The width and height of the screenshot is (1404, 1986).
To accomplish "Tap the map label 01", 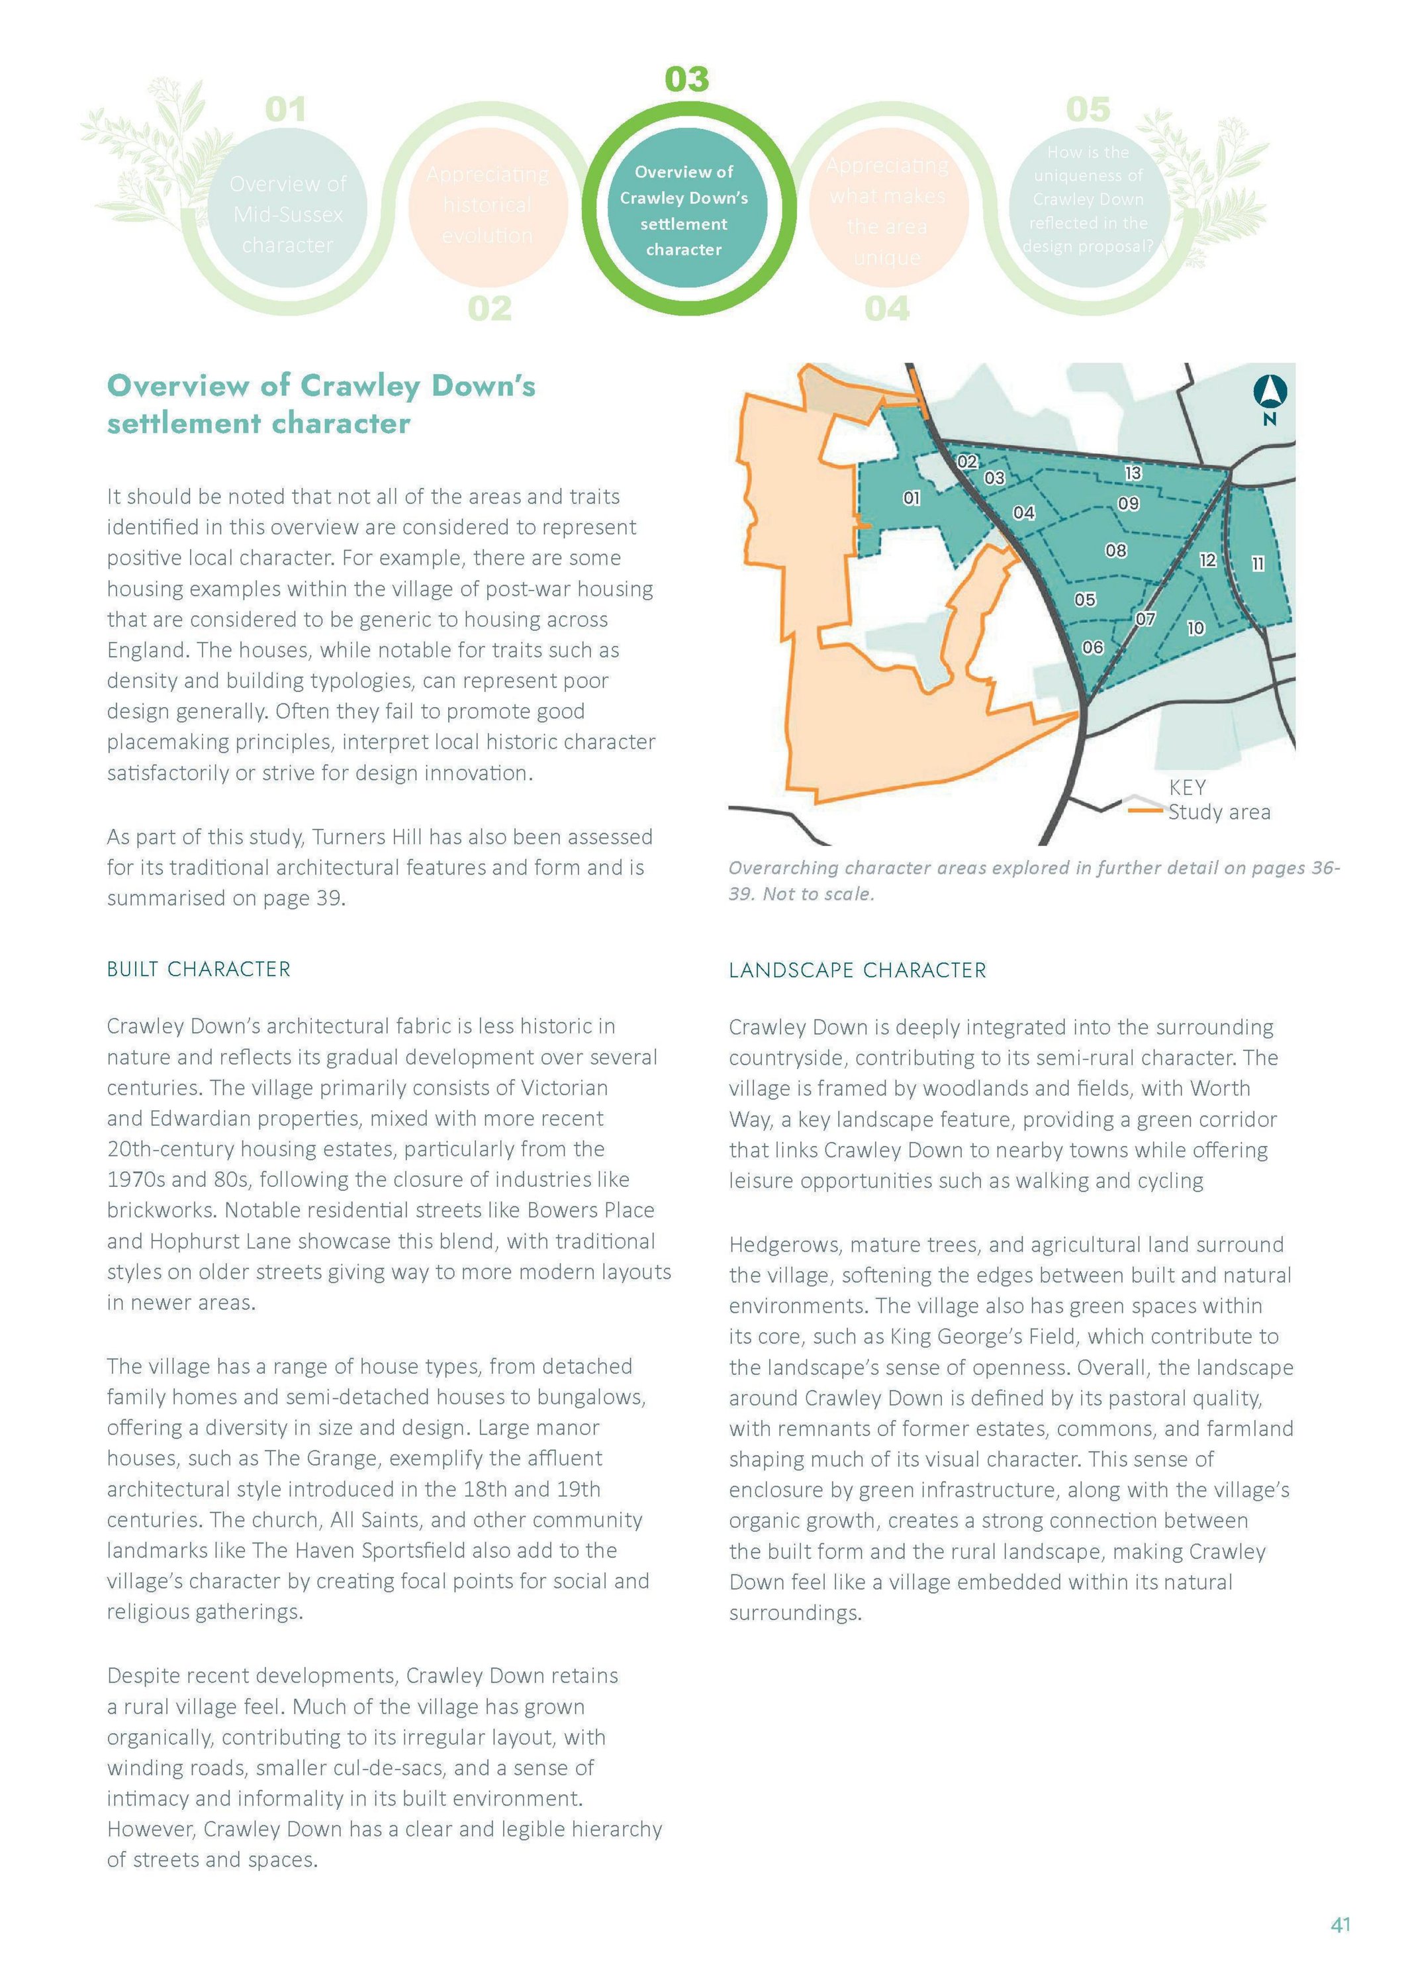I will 911,498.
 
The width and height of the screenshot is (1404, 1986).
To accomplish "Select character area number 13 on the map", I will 1133,473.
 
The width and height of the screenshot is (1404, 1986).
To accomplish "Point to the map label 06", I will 1093,647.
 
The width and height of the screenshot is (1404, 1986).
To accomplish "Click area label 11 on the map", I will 1258,565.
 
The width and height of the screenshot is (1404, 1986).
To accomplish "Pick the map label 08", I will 1116,550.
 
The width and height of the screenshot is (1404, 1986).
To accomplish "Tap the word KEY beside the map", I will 1187,787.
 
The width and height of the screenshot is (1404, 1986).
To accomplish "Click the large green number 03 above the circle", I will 687,79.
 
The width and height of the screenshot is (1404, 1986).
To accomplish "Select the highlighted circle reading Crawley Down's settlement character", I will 684,211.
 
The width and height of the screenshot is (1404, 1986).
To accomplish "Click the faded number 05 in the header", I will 1088,110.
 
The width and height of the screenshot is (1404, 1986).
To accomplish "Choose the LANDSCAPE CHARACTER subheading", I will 857,970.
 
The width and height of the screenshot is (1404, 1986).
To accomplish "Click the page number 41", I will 1340,1924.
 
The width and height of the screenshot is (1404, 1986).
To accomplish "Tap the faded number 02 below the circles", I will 490,308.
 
